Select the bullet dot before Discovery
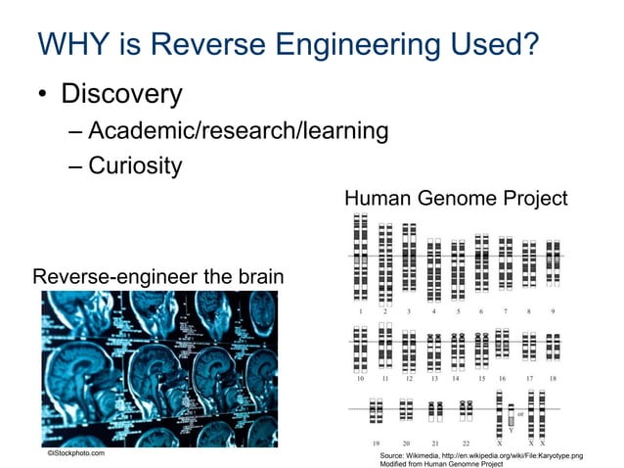[44, 96]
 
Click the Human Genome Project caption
[456, 199]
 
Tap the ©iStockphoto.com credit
[76, 453]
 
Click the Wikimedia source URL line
[479, 455]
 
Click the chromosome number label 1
[360, 310]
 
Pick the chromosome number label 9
[554, 310]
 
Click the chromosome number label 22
[467, 442]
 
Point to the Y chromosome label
[510, 429]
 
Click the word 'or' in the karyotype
[519, 412]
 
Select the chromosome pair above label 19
[377, 410]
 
